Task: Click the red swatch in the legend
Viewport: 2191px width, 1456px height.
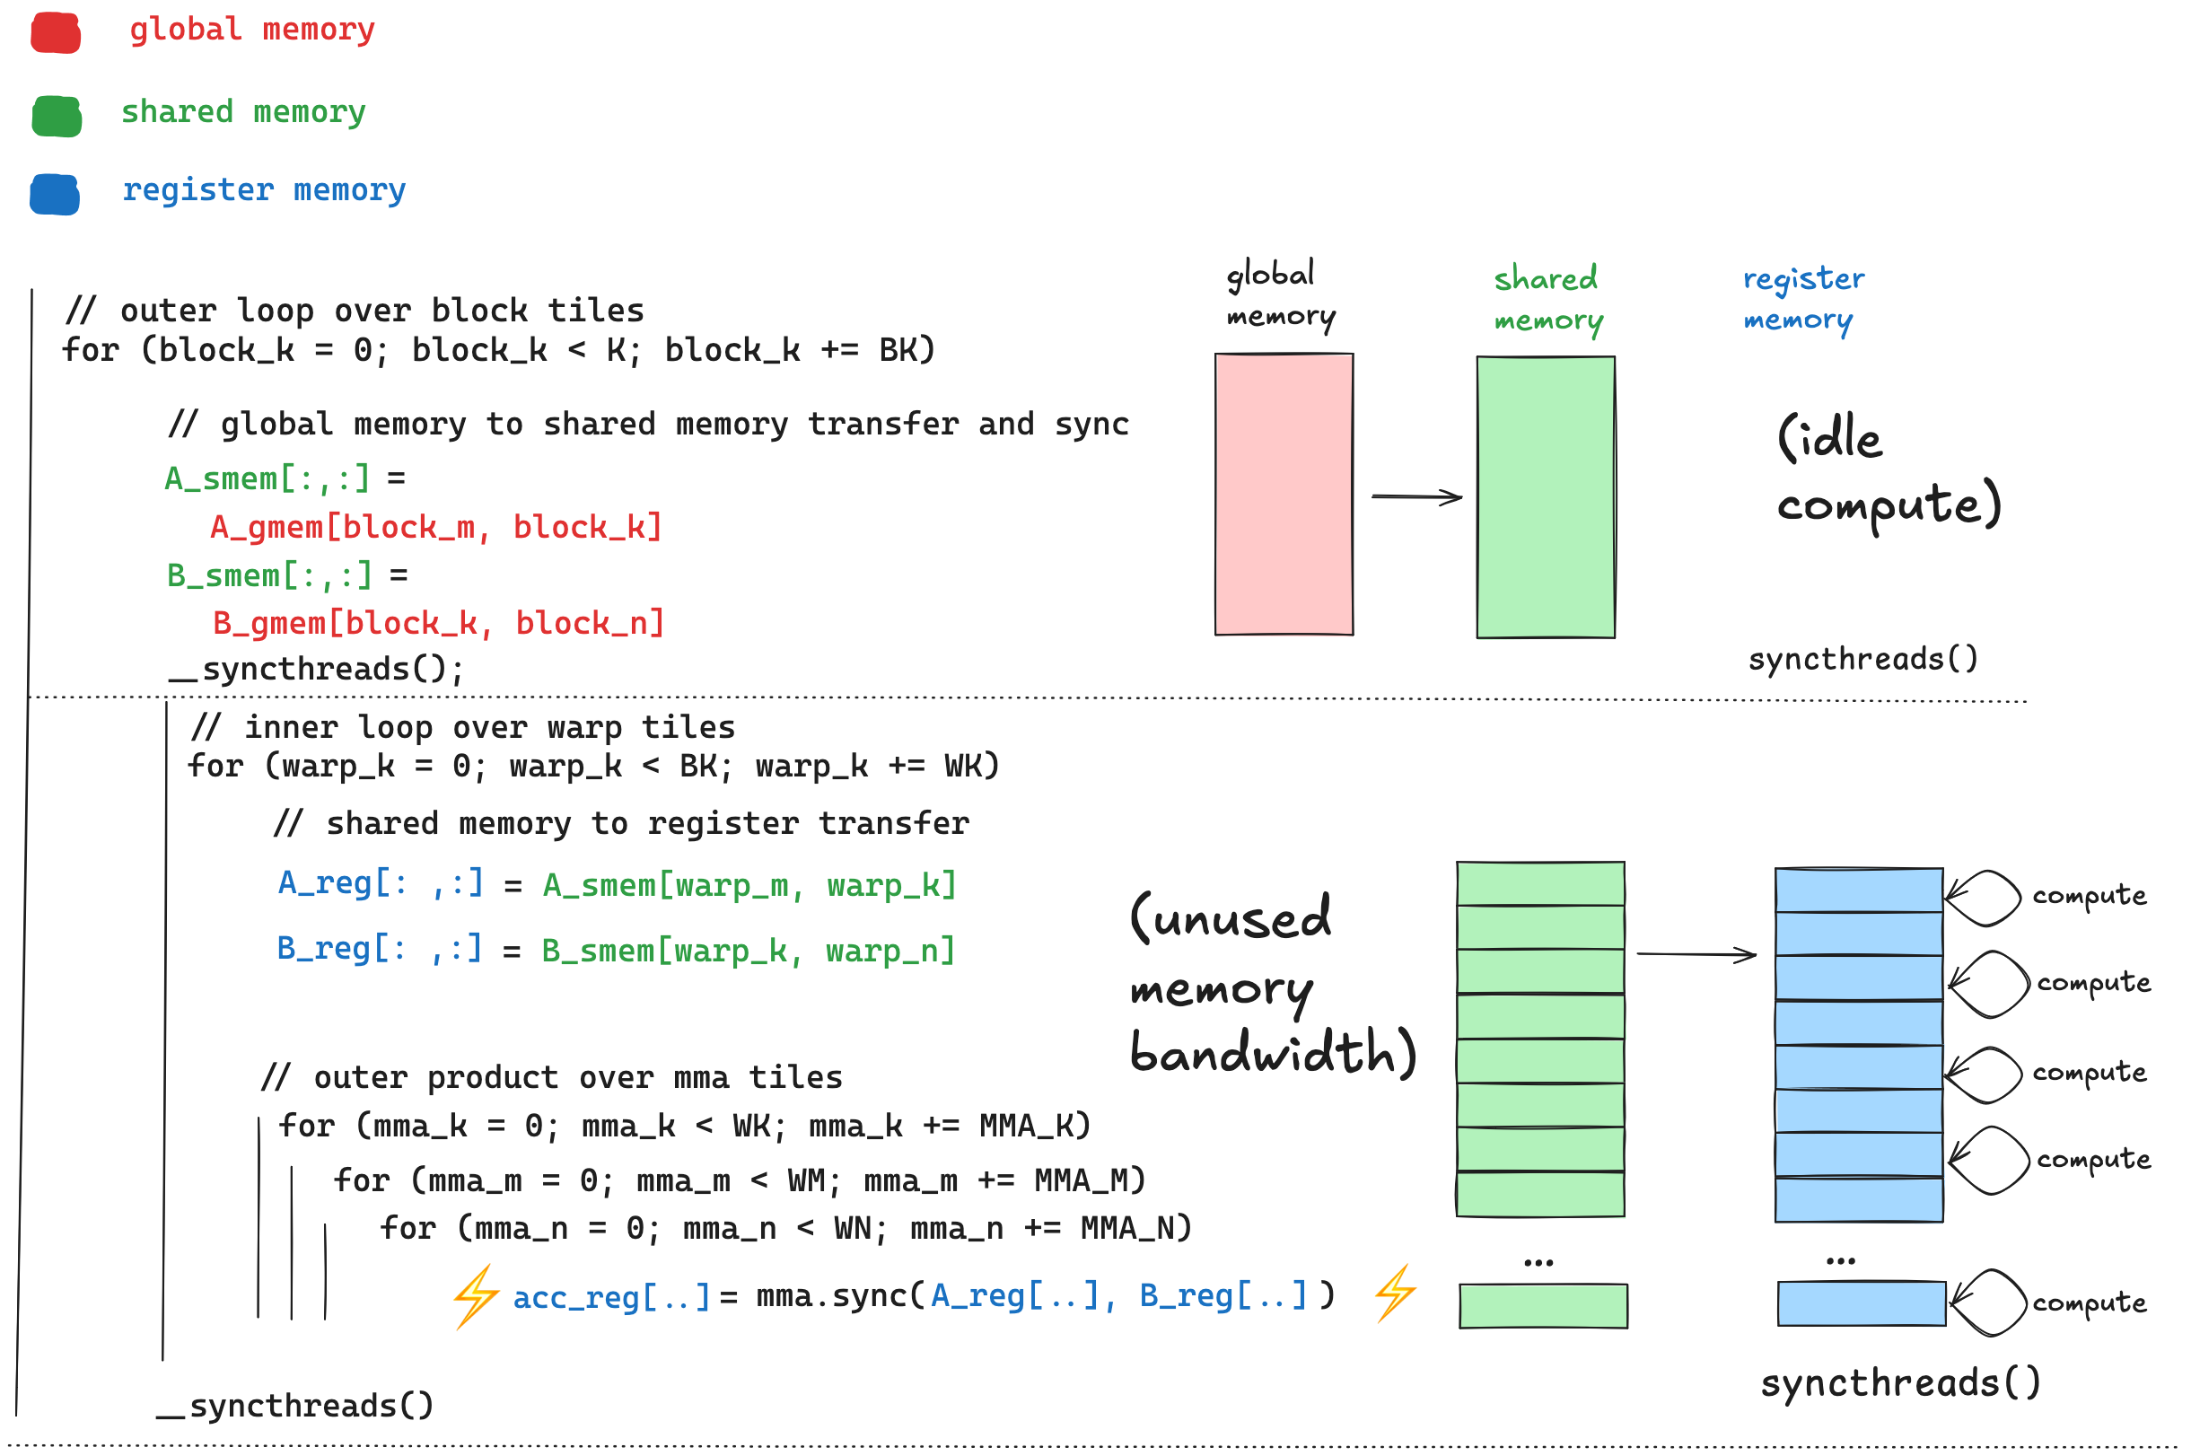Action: [56, 32]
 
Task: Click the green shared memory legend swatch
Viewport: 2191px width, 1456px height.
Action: [57, 116]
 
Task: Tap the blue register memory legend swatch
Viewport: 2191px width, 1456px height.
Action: [55, 194]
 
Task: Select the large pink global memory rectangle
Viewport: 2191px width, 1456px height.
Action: [1284, 494]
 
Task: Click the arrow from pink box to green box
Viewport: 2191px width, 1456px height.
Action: [1415, 496]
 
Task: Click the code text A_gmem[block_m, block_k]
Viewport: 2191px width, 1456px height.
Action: [436, 528]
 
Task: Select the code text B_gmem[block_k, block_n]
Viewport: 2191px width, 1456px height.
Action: [439, 623]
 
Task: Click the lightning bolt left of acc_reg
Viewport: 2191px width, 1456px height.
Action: [478, 1295]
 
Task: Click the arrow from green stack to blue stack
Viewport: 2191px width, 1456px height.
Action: [1696, 953]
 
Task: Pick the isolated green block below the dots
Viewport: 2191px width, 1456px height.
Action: [1543, 1305]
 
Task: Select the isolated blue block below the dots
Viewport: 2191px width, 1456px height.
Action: [1861, 1303]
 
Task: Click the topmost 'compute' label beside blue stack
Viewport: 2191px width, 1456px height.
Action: [2089, 895]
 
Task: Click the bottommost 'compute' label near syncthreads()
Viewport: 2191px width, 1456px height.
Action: [2089, 1303]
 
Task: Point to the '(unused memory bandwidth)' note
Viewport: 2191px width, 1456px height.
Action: [1272, 985]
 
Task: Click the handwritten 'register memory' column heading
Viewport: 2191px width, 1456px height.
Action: [1802, 298]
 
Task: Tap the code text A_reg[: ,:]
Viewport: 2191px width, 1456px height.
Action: [381, 883]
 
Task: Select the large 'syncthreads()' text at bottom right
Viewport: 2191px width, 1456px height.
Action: [1899, 1382]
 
